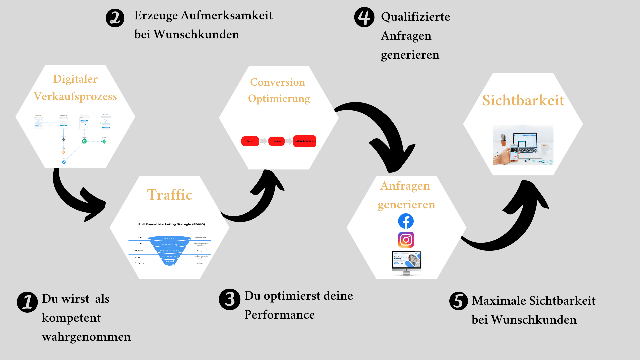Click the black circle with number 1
27,302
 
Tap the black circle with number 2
115,18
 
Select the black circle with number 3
229,299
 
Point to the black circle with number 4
364,17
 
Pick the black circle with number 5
458,301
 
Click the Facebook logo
406,221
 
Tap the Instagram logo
406,240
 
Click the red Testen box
250,141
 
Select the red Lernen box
276,141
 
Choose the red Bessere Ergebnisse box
304,141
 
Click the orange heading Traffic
169,195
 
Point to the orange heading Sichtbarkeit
523,100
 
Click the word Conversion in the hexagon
277,82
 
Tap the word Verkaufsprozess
75,96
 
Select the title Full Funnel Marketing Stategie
171,224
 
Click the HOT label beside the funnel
137,257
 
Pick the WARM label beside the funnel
139,250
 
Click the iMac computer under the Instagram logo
406,263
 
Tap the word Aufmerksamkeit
227,15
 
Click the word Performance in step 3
279,315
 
